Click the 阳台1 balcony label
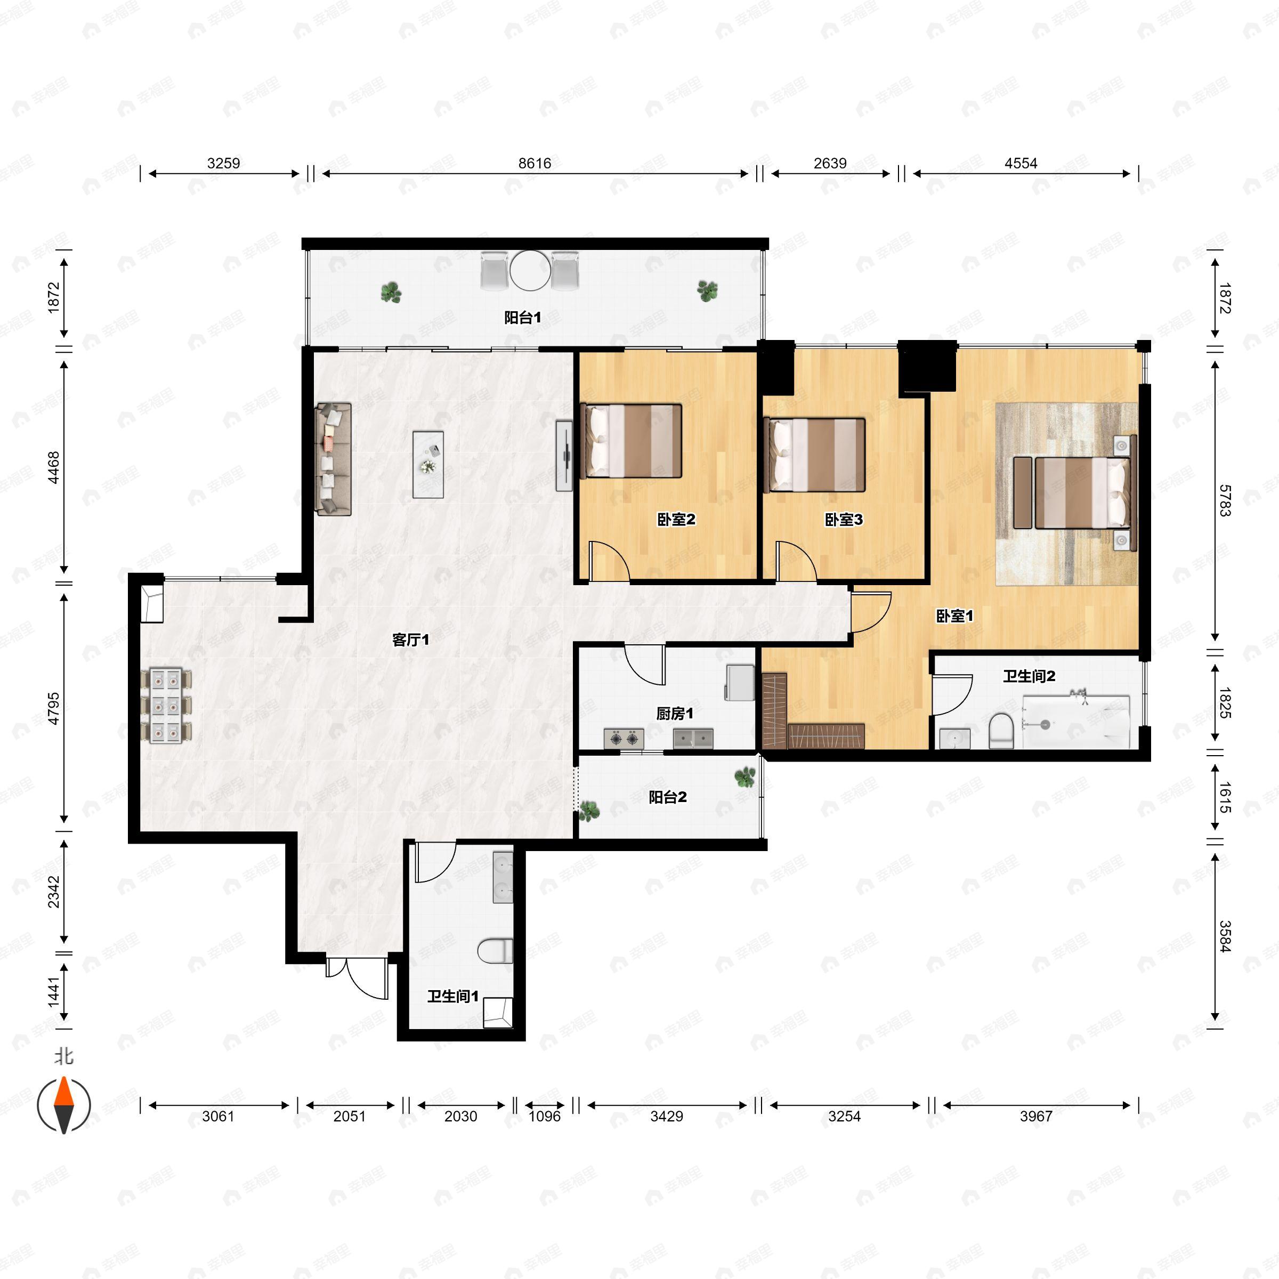(x=522, y=318)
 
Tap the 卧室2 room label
(x=676, y=520)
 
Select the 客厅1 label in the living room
(x=410, y=639)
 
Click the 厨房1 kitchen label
(x=675, y=714)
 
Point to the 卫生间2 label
(x=1029, y=676)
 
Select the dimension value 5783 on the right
(x=1225, y=500)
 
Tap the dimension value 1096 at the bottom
(x=544, y=1116)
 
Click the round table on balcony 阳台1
(x=530, y=270)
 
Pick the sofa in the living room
(x=333, y=458)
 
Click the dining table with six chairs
(x=166, y=706)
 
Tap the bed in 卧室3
(x=815, y=455)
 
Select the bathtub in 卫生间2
(x=1076, y=722)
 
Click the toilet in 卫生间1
(x=495, y=951)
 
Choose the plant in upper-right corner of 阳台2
(x=745, y=776)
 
